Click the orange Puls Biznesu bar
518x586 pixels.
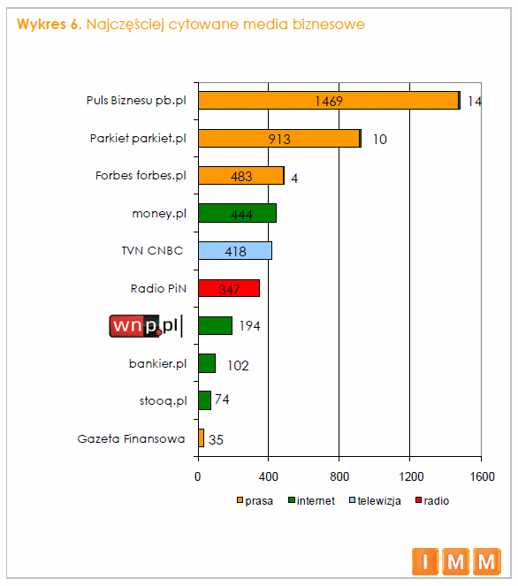tap(328, 101)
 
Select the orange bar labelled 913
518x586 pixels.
tap(278, 138)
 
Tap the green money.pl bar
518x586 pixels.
tap(237, 213)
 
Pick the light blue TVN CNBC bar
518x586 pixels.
tap(235, 250)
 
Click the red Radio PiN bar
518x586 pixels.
tap(229, 288)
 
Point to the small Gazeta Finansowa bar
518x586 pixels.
tap(201, 438)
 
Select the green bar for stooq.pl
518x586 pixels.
tap(204, 400)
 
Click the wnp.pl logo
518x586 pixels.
tap(146, 326)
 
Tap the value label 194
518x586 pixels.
tap(249, 326)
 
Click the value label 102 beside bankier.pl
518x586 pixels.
tap(238, 365)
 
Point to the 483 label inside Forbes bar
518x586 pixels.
tap(241, 177)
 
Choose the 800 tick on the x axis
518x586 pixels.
tap(339, 476)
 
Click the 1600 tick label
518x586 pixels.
tap(482, 476)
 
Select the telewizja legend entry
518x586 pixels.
tap(375, 500)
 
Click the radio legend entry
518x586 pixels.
tap(432, 500)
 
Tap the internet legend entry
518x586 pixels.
tap(311, 500)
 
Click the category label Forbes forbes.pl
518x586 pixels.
tap(141, 175)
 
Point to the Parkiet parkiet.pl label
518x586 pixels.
tap(138, 138)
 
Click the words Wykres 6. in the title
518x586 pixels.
tap(49, 24)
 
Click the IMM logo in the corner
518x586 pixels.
tap(456, 561)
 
